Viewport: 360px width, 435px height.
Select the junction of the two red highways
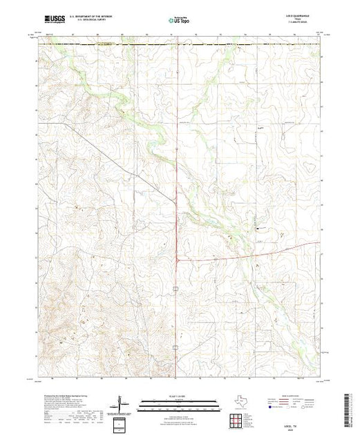pos(178,260)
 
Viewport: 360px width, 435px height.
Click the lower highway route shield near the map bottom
pos(176,367)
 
